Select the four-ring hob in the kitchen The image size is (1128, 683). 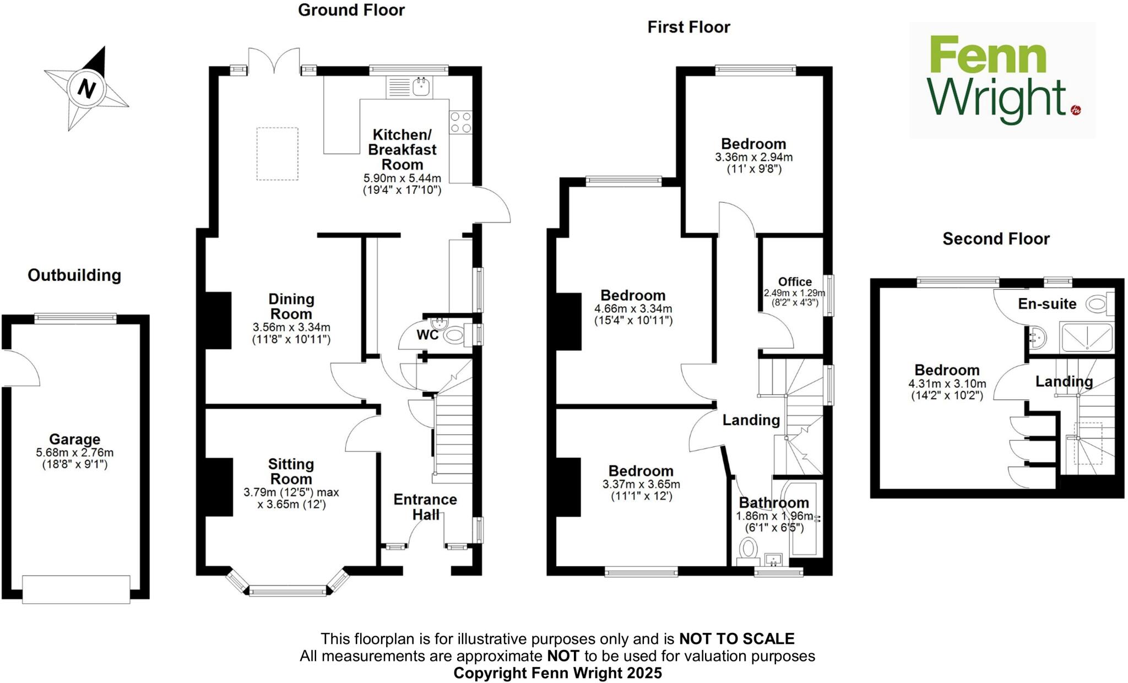click(x=460, y=122)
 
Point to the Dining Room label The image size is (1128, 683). click(x=291, y=307)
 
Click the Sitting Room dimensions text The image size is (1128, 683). click(x=291, y=498)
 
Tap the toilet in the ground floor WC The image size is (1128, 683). click(x=453, y=335)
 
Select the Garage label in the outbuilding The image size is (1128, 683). click(x=75, y=439)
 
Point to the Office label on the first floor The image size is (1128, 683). click(x=795, y=282)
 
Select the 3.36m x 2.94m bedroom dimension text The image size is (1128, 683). click(x=753, y=157)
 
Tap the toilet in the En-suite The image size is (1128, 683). click(x=1098, y=303)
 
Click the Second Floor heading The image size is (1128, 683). click(x=996, y=238)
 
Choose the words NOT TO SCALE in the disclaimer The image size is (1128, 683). click(x=736, y=639)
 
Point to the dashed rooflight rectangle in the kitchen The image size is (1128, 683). click(x=278, y=154)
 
